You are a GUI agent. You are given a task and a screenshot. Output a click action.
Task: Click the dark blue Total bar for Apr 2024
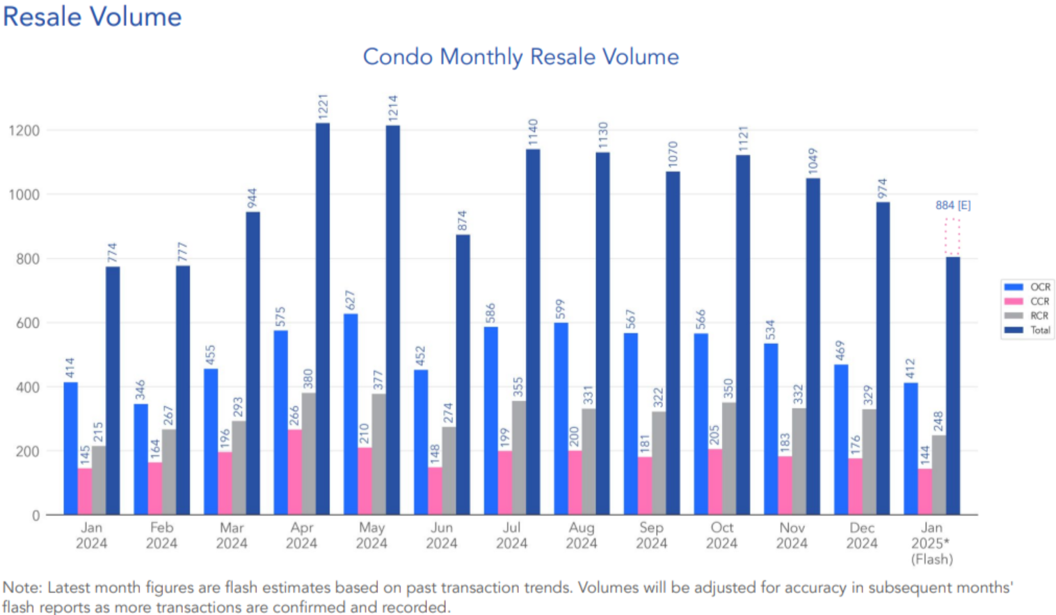coord(323,320)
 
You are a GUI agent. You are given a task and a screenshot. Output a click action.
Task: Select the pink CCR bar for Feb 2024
coord(154,489)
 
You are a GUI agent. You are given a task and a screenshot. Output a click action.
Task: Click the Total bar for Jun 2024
coord(463,375)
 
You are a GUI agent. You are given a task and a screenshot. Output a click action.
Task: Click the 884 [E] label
coord(952,205)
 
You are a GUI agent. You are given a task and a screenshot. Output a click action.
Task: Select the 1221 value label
coord(323,108)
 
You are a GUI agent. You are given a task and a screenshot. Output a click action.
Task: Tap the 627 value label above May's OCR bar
coord(351,300)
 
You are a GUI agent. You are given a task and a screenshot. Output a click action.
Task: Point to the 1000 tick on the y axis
coord(24,195)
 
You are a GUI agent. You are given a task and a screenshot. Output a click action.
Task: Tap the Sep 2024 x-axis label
coord(651,536)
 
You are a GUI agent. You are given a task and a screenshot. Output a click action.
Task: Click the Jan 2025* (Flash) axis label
coord(931,543)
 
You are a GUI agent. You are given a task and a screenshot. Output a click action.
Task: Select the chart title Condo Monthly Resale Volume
coord(521,56)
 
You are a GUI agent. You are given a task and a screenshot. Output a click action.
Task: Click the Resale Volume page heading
coord(92,17)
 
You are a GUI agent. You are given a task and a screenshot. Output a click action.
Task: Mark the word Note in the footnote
coord(22,588)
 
